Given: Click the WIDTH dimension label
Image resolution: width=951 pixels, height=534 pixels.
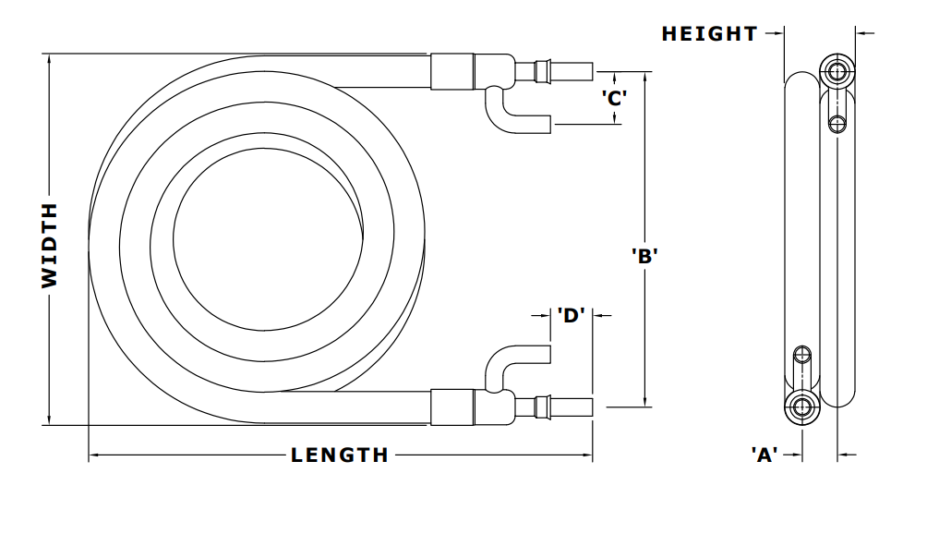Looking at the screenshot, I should coord(50,245).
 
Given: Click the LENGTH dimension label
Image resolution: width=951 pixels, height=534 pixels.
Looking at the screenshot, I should coord(340,455).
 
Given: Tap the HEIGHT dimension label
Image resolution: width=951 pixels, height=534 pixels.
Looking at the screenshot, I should coord(709,34).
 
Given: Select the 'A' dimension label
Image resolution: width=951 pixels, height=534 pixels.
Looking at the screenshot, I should coord(763,455).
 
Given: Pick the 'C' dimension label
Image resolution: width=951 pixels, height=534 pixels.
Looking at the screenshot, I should coord(615,97).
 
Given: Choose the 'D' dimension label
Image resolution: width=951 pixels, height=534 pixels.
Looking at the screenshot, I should coord(571,315).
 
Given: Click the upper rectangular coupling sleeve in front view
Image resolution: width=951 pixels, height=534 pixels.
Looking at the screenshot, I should coord(453,72).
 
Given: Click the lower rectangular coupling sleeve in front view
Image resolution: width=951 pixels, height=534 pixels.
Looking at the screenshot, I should coord(453,407).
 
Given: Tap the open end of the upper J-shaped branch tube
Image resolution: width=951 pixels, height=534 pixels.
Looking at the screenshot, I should coord(549,124).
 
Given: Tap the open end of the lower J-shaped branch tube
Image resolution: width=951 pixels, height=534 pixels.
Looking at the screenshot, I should coord(549,354).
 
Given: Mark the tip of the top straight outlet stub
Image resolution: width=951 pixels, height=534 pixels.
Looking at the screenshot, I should coord(591,71).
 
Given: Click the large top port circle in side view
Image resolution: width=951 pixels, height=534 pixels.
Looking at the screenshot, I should coord(837,71).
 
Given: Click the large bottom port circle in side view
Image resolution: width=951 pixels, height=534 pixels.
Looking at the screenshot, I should coord(801,407).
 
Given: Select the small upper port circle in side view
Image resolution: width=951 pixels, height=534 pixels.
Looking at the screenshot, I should coord(837,122).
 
